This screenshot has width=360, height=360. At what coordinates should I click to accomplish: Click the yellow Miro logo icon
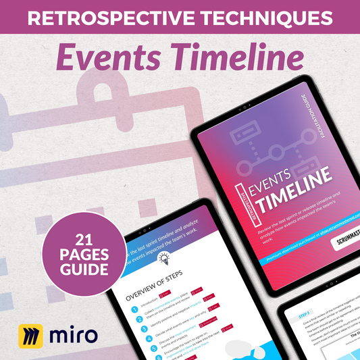click(28, 334)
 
